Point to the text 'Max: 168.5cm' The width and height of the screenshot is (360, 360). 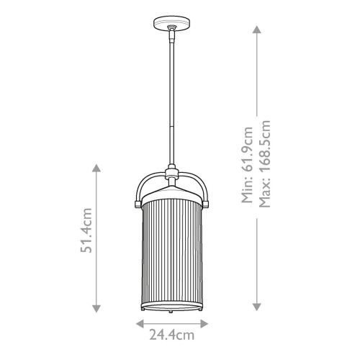(265, 173)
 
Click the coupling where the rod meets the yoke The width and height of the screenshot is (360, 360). (173, 173)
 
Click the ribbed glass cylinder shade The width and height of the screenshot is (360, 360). (173, 252)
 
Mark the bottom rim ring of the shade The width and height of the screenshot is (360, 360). (173, 306)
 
